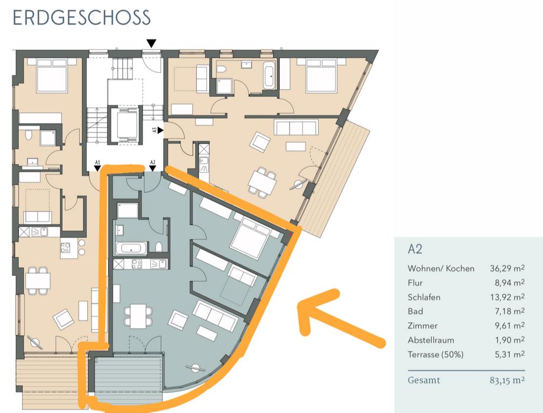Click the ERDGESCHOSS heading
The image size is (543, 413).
[81, 18]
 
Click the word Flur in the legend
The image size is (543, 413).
[415, 283]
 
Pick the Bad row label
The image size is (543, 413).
[415, 311]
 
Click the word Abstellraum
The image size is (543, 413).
[431, 340]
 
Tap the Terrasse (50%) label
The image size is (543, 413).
[435, 354]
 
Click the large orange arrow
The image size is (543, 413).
[340, 317]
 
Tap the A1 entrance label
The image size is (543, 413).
[97, 161]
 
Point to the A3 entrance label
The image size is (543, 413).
[154, 130]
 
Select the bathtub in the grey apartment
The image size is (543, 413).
[131, 248]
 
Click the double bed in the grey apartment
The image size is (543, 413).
[250, 238]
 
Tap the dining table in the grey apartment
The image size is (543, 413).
[137, 315]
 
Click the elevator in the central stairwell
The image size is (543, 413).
[124, 126]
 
